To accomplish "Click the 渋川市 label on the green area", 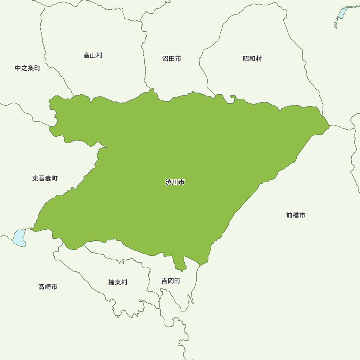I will point(175,182).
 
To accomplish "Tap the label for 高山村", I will point(93,55).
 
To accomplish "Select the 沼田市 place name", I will point(172,59).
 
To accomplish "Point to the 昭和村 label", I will point(252,59).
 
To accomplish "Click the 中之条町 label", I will point(28,68).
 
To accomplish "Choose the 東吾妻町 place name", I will point(45,178).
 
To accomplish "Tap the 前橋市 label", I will point(296,215).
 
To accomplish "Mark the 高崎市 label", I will point(48,287).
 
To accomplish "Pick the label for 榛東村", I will point(118,283).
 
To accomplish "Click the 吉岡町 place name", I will point(171,281).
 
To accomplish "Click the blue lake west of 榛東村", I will point(19,238).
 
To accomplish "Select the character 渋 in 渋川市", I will point(168,182).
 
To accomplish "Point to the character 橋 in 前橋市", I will point(296,215).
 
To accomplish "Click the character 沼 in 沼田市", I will point(165,59).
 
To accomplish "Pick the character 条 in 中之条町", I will point(31,68).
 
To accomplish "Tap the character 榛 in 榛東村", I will point(112,283).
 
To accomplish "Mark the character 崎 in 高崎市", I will point(48,287).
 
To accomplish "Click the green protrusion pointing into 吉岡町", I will point(180,265).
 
